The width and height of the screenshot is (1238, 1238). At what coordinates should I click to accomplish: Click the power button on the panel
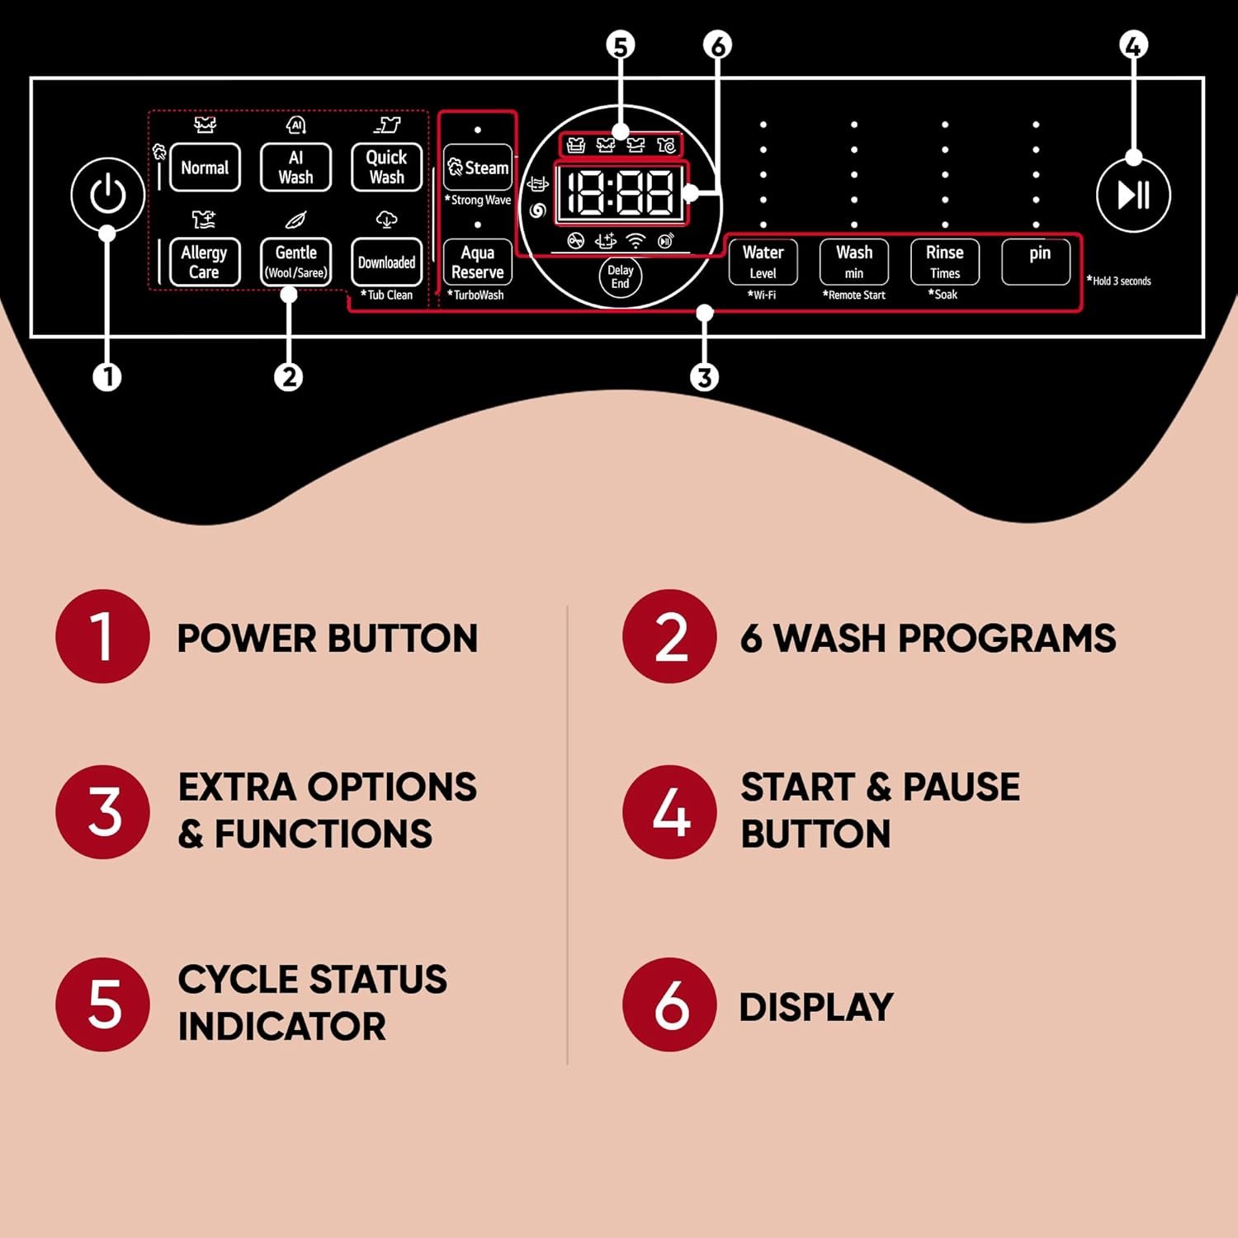(x=107, y=196)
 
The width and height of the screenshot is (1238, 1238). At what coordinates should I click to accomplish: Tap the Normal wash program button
(x=205, y=168)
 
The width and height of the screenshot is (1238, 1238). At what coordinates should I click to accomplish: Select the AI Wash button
(x=295, y=168)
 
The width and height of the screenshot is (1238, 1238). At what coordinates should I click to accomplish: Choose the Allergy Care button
(x=205, y=262)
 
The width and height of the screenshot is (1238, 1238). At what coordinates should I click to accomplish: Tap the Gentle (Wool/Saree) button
(x=295, y=262)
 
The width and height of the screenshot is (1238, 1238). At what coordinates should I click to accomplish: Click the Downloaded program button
(x=386, y=262)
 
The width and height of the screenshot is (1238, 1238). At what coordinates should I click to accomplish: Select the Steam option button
(x=478, y=168)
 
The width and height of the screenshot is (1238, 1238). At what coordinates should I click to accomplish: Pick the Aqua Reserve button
(x=478, y=262)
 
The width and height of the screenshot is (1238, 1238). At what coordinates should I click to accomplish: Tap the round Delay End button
(x=620, y=276)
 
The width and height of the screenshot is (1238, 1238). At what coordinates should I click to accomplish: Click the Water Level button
(x=763, y=262)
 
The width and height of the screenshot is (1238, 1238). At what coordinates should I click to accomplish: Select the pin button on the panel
(x=1036, y=262)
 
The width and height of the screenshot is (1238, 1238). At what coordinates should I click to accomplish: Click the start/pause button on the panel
(x=1133, y=196)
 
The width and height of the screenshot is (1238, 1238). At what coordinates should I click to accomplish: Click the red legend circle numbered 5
(x=102, y=1004)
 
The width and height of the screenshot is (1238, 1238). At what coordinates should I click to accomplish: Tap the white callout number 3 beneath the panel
(x=704, y=377)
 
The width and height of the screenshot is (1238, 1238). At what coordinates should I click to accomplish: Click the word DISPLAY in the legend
(x=815, y=1007)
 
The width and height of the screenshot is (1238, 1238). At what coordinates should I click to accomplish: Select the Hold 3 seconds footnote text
(x=1120, y=281)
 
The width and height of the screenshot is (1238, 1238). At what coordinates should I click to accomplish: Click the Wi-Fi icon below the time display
(x=635, y=241)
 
